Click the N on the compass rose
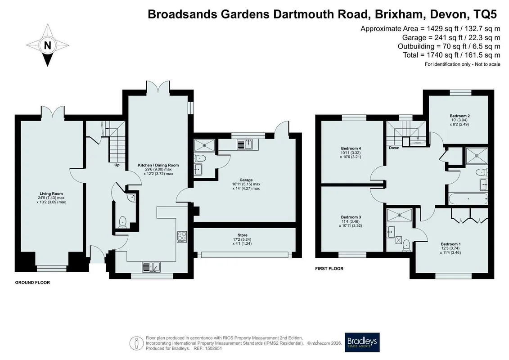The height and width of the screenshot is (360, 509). [47, 45]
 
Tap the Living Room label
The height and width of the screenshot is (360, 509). [51, 194]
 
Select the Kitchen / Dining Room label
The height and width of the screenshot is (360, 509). [158, 165]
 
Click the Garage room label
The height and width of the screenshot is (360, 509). [246, 180]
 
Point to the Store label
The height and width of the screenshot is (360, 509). [243, 235]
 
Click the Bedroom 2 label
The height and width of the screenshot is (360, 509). [459, 116]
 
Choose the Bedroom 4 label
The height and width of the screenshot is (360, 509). [351, 148]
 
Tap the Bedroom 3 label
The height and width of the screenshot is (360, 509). [351, 217]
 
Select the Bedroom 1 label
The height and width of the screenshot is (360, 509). [450, 244]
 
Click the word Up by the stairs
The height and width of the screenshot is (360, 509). [117, 165]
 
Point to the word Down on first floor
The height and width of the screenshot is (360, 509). [394, 148]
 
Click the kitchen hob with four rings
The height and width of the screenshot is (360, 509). [182, 237]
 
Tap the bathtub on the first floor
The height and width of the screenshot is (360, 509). [468, 198]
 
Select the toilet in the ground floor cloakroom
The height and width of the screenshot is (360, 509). [123, 222]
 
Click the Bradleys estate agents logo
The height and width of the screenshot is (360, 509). [362, 342]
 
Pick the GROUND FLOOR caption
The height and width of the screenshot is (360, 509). [32, 283]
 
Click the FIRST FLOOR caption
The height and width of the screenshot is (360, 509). [329, 269]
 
